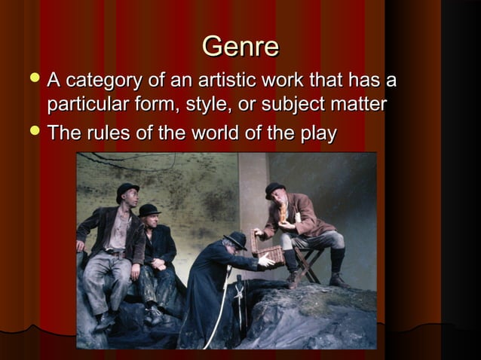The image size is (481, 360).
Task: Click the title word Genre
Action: (x=240, y=47)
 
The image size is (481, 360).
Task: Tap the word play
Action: (x=317, y=135)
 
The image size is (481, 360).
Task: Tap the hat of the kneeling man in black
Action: (x=235, y=239)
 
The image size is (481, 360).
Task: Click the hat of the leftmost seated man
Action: (x=127, y=189)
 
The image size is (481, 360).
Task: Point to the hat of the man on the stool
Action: (x=274, y=189)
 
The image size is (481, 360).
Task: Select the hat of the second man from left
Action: (x=150, y=210)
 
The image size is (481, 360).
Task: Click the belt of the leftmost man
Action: (x=115, y=254)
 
